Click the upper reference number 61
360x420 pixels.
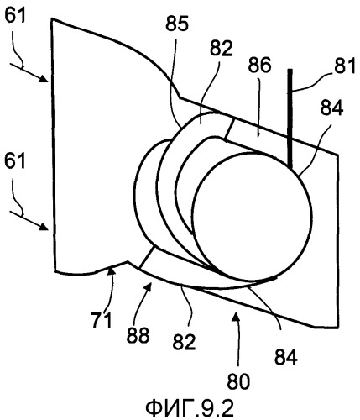15,16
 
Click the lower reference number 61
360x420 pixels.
15,162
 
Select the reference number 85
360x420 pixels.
177,24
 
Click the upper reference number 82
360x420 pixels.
222,49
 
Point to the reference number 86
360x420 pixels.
259,66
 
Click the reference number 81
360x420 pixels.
345,66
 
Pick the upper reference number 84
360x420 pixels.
331,108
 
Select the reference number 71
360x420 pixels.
101,320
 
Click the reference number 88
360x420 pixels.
138,335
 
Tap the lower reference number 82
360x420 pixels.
184,342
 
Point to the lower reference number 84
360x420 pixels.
285,358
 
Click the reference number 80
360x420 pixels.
238,381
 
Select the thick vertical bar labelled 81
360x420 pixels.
290,120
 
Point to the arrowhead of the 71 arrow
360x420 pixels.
112,270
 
